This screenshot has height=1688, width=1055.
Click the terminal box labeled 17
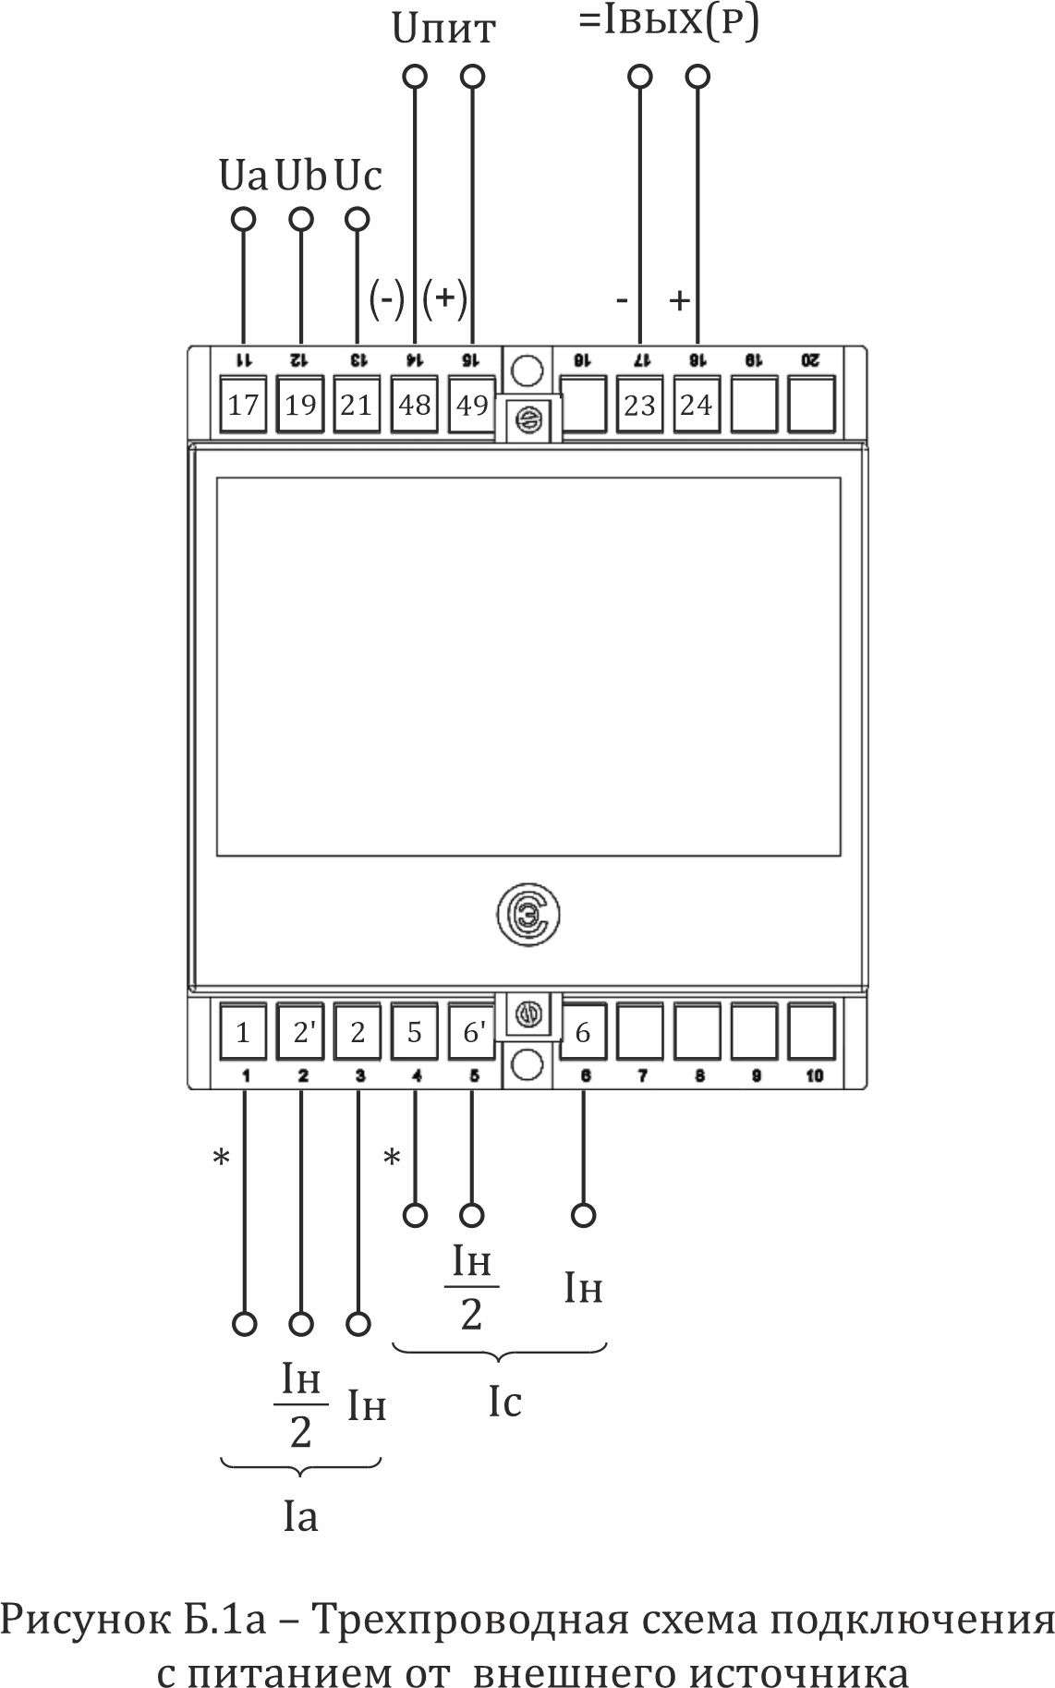tap(243, 405)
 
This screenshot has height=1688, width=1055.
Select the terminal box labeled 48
tap(415, 405)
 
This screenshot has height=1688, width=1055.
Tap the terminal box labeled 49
tap(472, 405)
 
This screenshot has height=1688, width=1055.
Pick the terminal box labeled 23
tap(639, 405)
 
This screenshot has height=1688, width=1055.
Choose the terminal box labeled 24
tap(697, 405)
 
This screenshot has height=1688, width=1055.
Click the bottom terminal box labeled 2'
tap(301, 1032)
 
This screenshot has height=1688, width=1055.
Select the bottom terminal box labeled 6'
tap(472, 1032)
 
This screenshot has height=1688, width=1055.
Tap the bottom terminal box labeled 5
tap(415, 1032)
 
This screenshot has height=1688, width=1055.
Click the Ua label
tap(243, 175)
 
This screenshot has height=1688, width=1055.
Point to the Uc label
tap(358, 175)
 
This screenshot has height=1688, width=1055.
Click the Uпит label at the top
tap(443, 30)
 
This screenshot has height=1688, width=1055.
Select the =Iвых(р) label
tap(669, 22)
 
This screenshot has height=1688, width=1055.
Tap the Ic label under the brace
tap(504, 1403)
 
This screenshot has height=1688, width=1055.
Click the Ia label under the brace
tap(300, 1517)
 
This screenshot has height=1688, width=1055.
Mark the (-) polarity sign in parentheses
tap(386, 298)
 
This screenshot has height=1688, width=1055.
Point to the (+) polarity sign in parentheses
tap(444, 298)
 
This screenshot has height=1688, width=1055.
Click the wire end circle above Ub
tap(301, 219)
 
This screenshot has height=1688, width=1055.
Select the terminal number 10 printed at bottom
tap(814, 1076)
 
